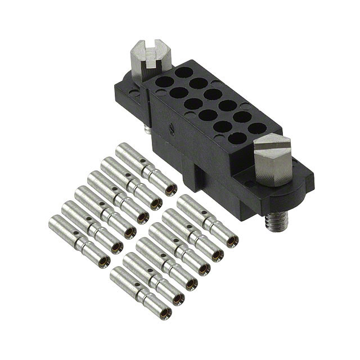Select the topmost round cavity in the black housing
point(183,73)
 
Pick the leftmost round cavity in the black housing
point(164,82)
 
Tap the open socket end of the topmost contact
point(170,189)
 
